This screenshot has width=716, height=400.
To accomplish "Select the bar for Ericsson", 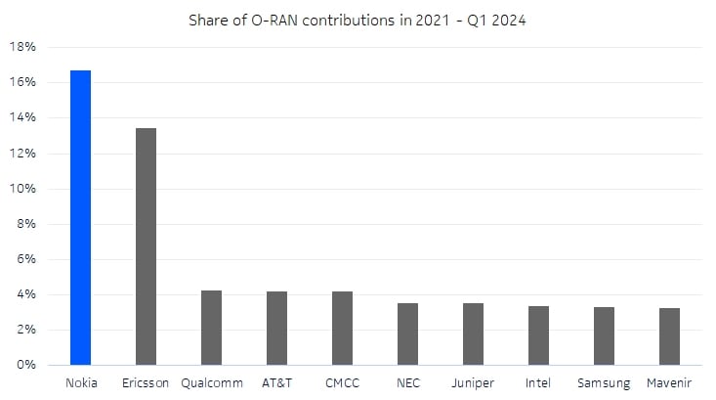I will (146, 246).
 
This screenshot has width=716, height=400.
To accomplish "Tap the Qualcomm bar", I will (211, 328).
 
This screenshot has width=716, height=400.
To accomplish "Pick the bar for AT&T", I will (276, 328).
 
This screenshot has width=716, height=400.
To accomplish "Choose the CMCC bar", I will (342, 328).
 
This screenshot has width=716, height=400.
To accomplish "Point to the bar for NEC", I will (407, 333).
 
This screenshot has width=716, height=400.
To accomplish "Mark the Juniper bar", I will (473, 333).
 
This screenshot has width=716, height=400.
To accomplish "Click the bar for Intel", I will (538, 335).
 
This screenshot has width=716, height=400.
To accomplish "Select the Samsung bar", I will (604, 335).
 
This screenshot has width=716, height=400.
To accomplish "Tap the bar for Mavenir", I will (669, 336).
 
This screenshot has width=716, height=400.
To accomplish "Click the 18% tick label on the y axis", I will (23, 47).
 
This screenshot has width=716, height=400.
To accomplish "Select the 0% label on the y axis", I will (26, 365).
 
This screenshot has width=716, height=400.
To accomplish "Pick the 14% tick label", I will (23, 117).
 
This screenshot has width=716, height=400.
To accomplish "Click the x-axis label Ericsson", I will (146, 383).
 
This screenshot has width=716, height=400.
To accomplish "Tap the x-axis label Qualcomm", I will (211, 383).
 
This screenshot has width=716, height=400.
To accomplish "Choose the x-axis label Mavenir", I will (669, 383).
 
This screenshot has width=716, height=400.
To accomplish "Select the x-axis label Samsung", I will (604, 383).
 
